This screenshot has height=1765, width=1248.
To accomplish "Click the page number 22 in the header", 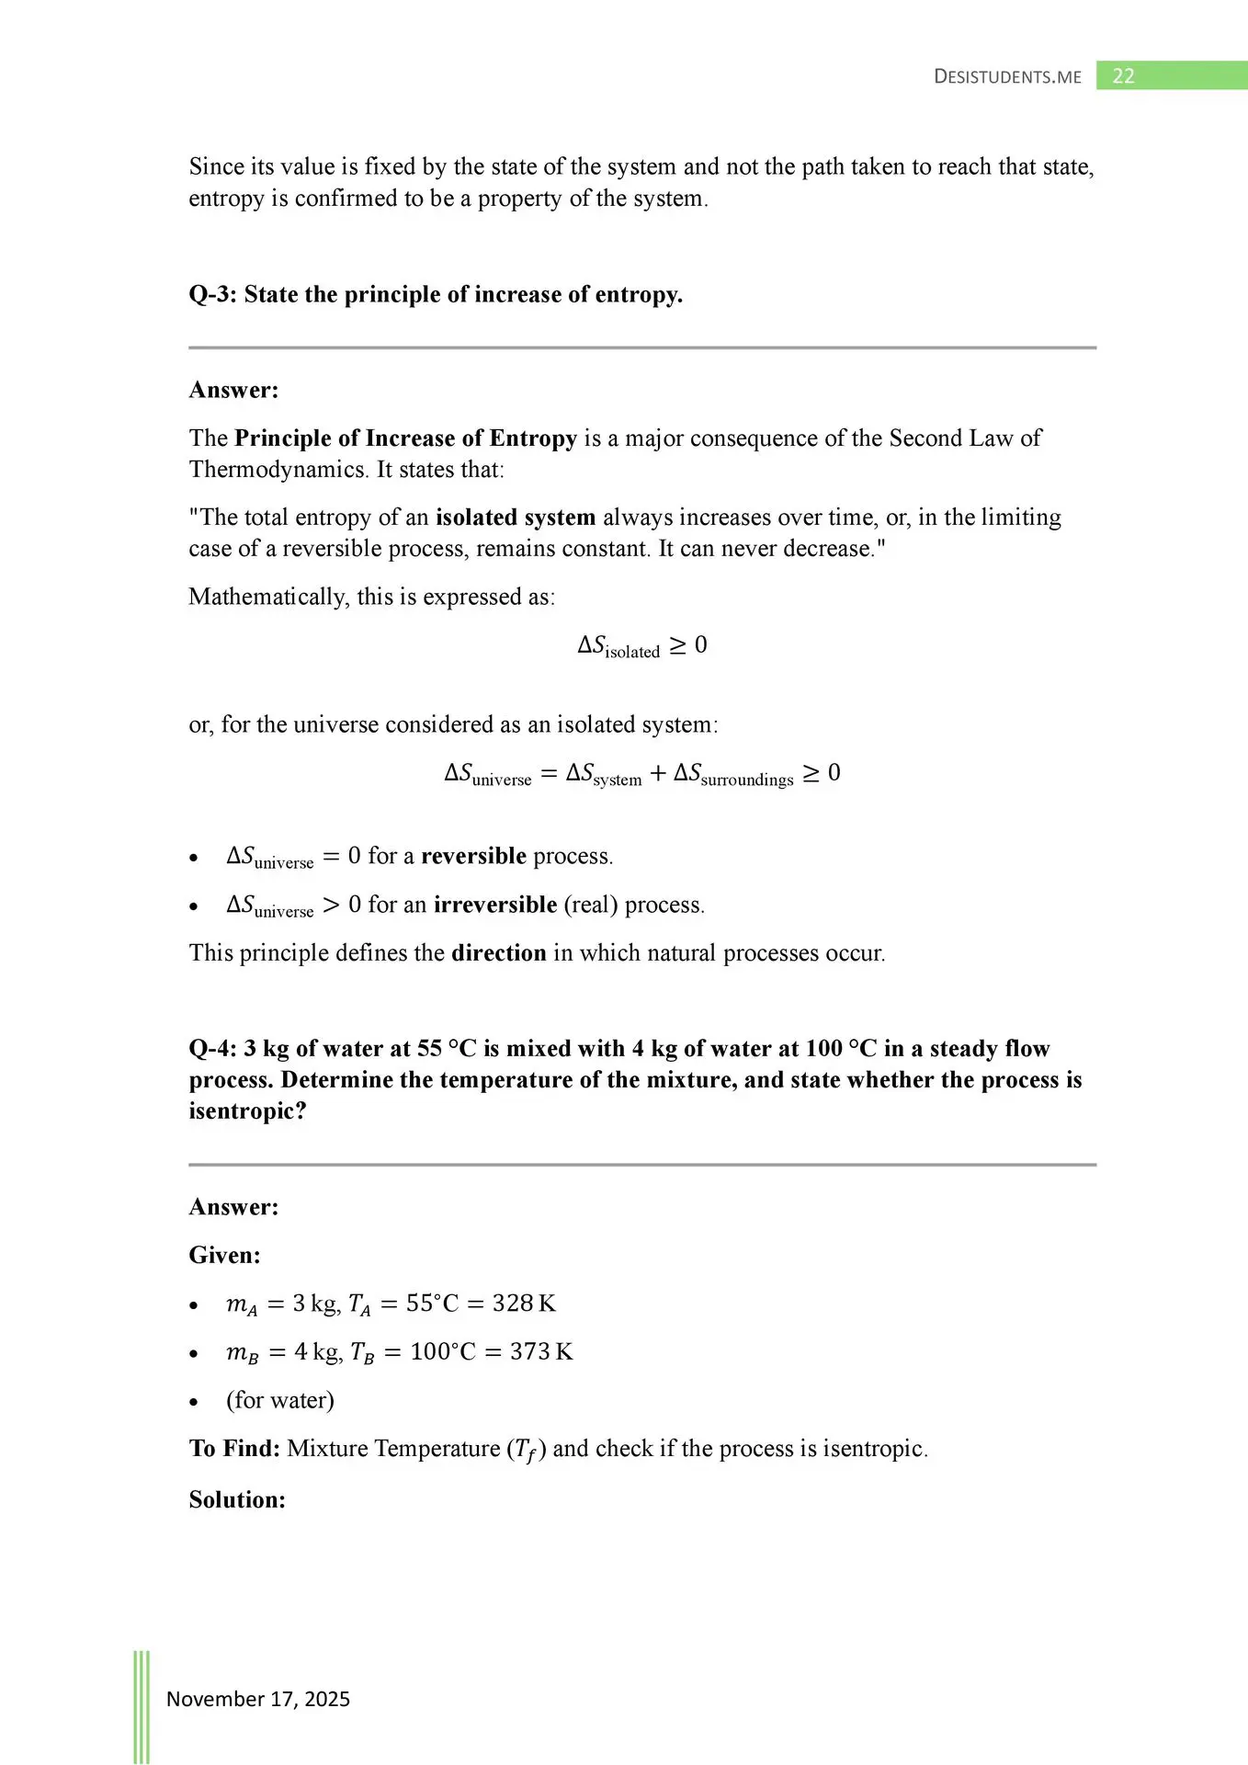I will coord(1123,76).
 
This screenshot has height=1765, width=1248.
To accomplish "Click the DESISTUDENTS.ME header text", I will coord(1007,77).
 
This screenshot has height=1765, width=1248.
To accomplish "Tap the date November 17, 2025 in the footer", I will coord(257,1699).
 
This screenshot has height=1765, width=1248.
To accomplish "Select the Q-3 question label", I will coord(212,295).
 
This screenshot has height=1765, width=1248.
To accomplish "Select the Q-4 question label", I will coord(212,1049).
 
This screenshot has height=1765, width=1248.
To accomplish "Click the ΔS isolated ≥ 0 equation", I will coord(641,646).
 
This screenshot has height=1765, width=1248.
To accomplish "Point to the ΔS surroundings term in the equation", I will coord(733,774).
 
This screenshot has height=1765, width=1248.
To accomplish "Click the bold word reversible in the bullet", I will coord(473,857).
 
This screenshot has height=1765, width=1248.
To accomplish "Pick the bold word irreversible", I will coord(495,905).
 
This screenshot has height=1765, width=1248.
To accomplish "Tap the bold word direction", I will coord(498,953).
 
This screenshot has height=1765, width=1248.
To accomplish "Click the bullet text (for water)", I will coord(280,1400).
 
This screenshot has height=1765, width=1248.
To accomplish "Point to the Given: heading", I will coord(224,1256).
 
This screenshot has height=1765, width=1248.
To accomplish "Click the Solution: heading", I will coord(237,1500).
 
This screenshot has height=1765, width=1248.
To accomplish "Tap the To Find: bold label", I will coord(234,1449).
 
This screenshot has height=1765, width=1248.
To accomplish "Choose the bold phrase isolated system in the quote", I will coord(516,518).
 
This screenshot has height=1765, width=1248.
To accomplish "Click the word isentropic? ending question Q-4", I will coord(247,1111).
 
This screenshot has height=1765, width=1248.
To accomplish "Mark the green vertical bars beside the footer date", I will coord(142,1705).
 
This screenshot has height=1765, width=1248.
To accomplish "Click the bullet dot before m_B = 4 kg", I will coord(193,1354).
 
